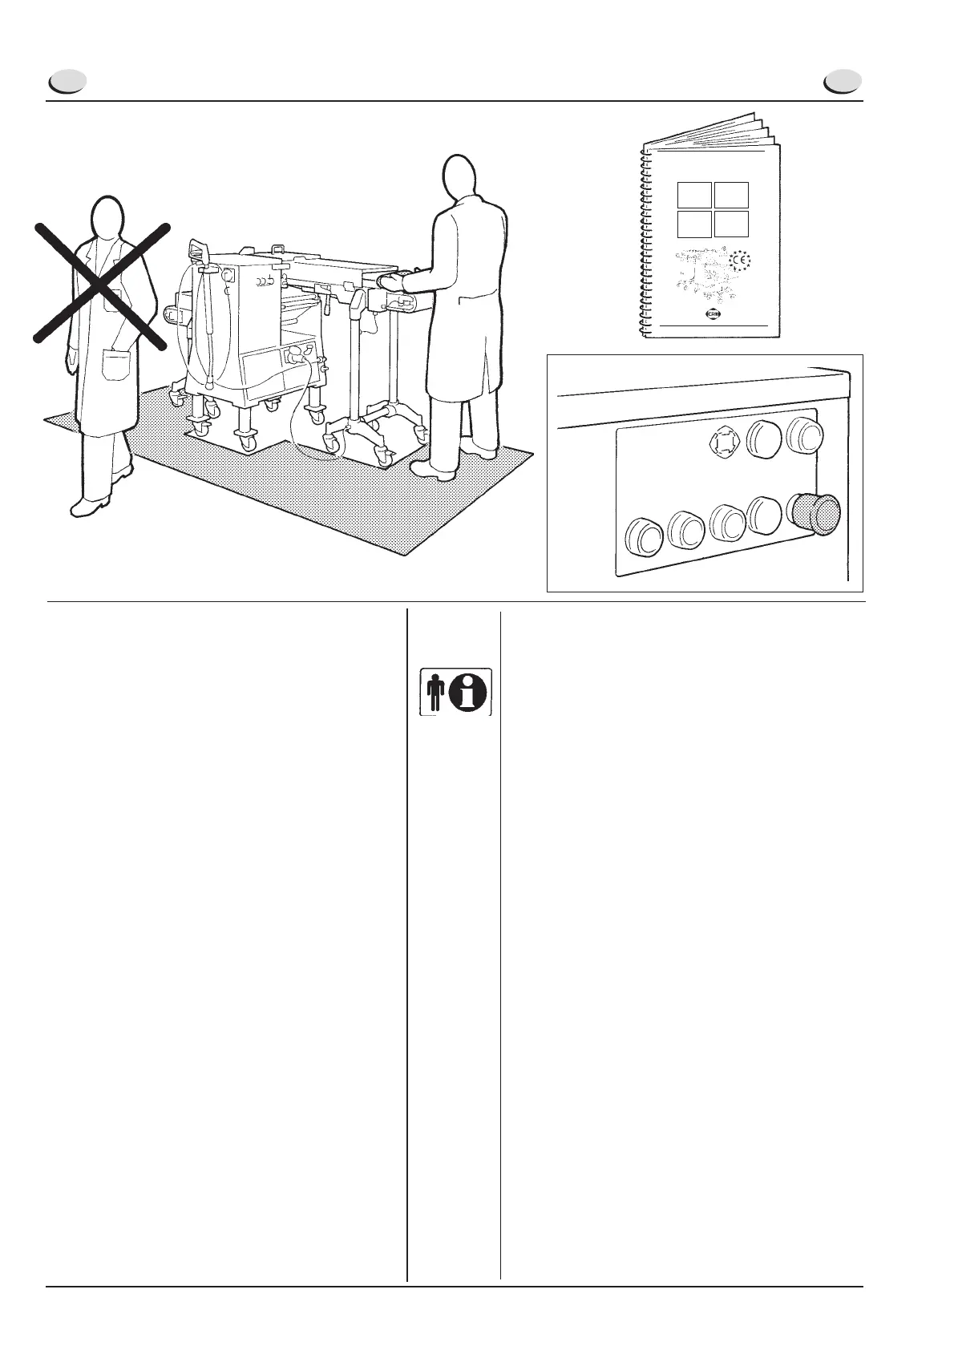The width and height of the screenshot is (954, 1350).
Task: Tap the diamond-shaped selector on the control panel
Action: click(x=725, y=442)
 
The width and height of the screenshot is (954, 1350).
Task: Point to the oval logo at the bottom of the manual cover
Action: click(x=712, y=315)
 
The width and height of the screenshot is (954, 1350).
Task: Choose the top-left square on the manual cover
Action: click(x=693, y=195)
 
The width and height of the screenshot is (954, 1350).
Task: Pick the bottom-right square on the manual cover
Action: click(x=731, y=224)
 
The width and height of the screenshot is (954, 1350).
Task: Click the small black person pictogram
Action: click(x=435, y=692)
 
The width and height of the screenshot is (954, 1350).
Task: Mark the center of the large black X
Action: click(x=102, y=284)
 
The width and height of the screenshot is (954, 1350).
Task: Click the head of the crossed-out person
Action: click(x=107, y=216)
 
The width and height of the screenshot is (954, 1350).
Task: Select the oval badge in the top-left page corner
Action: click(x=67, y=82)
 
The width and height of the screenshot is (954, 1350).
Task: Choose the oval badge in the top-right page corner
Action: click(x=843, y=82)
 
